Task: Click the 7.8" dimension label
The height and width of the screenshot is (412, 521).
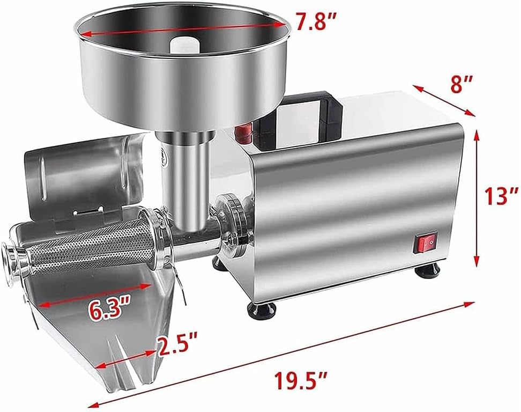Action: click(x=318, y=22)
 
